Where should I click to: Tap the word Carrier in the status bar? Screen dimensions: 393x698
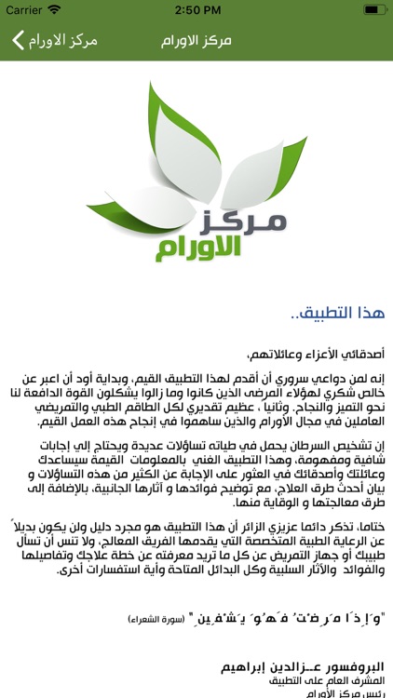(23, 9)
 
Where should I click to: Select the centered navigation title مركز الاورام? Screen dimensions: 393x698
(196, 42)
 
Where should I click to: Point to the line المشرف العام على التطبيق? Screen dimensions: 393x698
(331, 681)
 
